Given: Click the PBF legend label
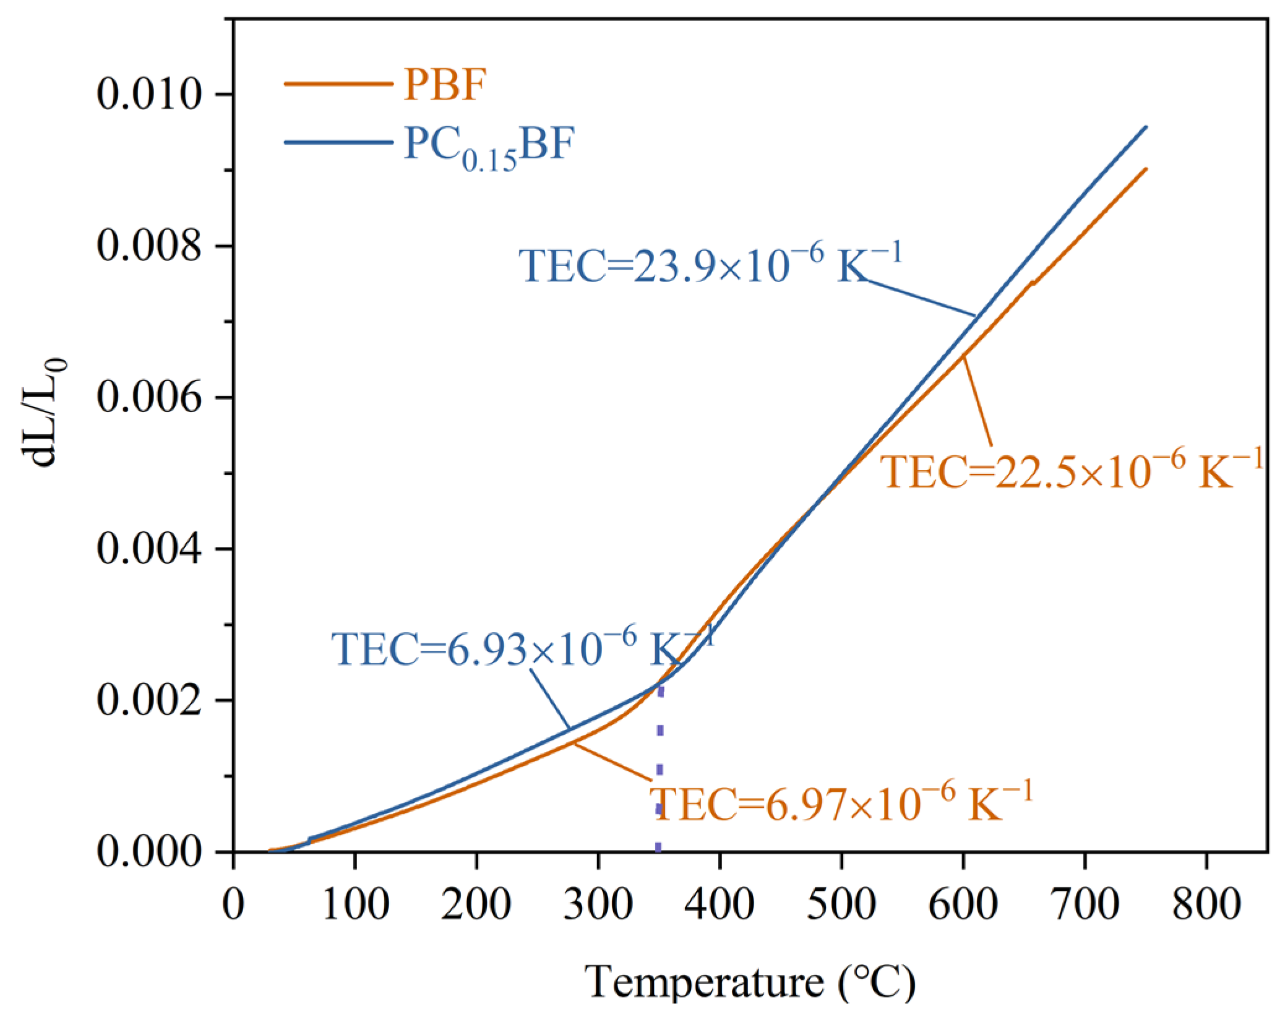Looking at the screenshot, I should tap(444, 85).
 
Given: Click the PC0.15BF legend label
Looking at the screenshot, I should tap(489, 147).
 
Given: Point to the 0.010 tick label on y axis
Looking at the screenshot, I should tap(149, 95).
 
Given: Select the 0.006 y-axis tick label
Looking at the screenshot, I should tap(149, 397).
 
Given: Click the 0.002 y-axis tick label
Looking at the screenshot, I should tap(149, 700).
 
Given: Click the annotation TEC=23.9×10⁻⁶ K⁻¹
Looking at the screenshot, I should tap(710, 265).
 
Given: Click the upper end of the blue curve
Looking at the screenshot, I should tap(1146, 127).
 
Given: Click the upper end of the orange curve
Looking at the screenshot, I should tap(1146, 169).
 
